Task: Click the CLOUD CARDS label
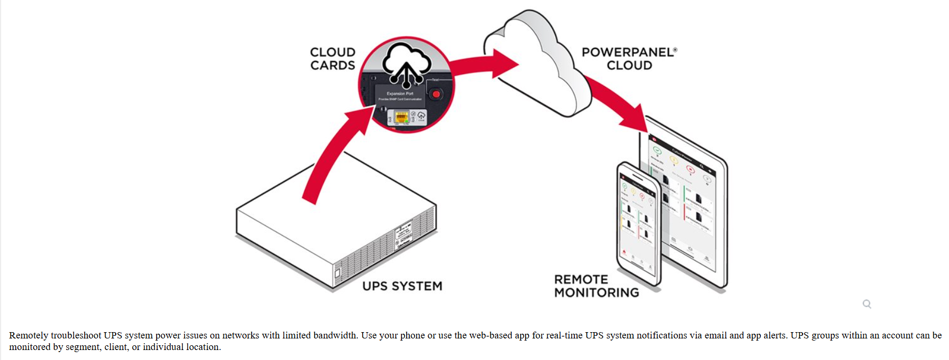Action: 333,59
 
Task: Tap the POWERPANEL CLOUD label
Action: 629,59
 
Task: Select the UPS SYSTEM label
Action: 402,286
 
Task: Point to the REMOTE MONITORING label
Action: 596,286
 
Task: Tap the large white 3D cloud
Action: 536,63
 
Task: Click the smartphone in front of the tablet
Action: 638,223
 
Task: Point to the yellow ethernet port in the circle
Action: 401,117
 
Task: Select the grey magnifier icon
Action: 867,304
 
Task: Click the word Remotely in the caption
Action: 28,335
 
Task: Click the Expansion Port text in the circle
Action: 400,94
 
